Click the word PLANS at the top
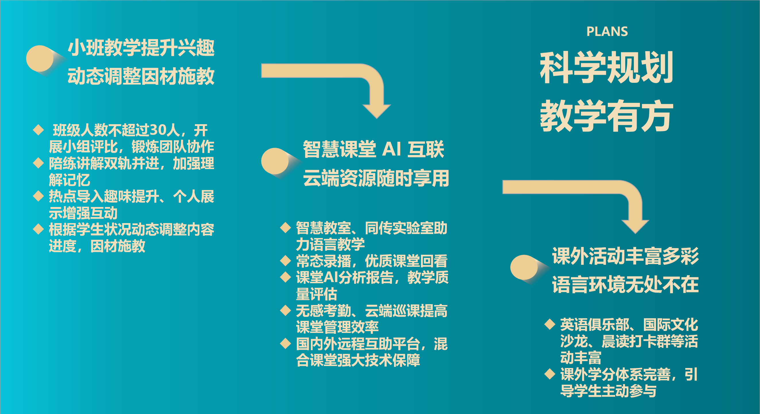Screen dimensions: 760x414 point(607,32)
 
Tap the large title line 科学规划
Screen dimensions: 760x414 point(607,67)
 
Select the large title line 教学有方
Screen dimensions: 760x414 point(607,116)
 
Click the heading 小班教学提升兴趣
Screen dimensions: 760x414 point(141,47)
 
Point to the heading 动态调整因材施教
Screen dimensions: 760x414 point(141,76)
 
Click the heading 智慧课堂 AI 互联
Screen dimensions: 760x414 point(374,149)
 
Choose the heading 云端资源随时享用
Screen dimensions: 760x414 point(376,178)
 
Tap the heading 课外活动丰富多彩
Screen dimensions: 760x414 point(626,256)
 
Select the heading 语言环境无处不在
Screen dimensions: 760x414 point(626,284)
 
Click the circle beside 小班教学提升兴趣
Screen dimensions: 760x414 point(40,58)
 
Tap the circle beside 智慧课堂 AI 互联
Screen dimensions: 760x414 point(275,161)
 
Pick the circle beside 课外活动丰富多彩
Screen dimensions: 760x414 point(524,268)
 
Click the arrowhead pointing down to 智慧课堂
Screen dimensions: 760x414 point(377,111)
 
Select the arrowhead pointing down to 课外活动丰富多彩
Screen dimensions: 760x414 point(635,227)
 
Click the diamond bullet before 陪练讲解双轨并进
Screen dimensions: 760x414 point(38,163)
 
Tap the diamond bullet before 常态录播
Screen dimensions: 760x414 point(285,260)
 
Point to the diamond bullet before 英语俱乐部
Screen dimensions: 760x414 point(550,324)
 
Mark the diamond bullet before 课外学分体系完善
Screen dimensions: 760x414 point(550,373)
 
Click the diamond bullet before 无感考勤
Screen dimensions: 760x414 point(285,310)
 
